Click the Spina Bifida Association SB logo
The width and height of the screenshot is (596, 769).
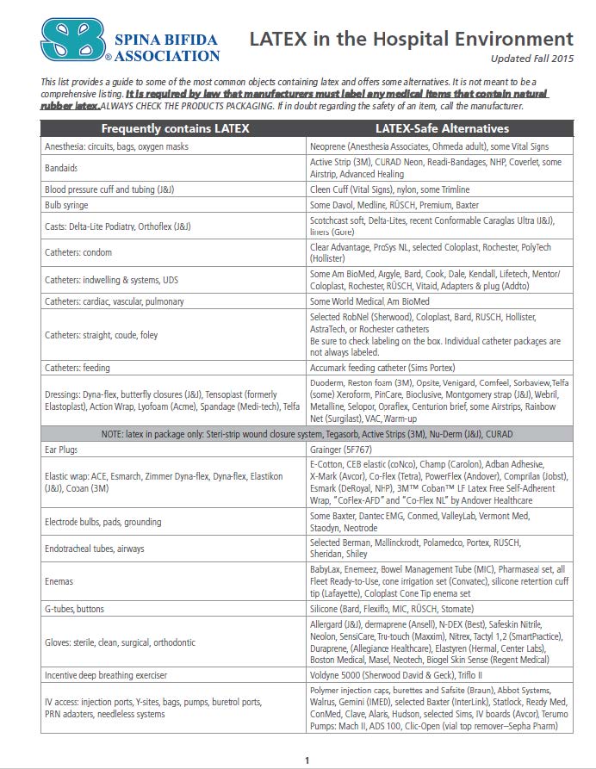coord(71,40)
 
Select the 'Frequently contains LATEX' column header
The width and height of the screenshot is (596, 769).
coord(175,129)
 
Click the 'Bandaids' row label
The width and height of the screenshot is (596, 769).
coord(62,167)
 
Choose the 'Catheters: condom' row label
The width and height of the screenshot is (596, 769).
coord(78,252)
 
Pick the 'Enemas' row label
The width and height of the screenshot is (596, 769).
coord(59,581)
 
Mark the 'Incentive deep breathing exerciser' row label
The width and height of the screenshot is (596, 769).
coord(106,674)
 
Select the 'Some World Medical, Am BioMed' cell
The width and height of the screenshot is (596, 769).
coord(369,301)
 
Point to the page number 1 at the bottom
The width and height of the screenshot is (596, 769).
coord(307,760)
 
